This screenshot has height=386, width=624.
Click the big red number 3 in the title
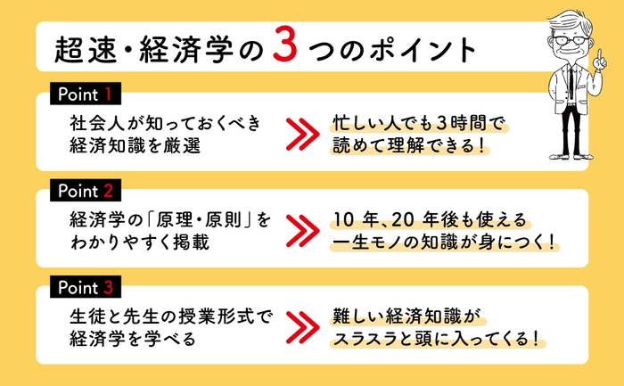point(285,48)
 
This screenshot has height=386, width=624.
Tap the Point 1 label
point(86,94)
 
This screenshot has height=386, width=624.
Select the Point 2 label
point(86,191)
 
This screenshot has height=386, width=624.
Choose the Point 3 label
point(86,287)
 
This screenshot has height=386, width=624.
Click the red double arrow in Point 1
point(302,134)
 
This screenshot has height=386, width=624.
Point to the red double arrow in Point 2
point(302,230)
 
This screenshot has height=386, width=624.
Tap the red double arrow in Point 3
point(302,327)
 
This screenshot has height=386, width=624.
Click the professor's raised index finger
point(599,54)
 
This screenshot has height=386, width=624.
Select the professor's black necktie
point(572,84)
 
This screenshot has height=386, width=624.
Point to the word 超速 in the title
point(86,51)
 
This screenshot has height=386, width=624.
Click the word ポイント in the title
point(423,51)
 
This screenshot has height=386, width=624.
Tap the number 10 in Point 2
point(343,220)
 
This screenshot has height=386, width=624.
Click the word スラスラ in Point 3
point(365,340)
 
